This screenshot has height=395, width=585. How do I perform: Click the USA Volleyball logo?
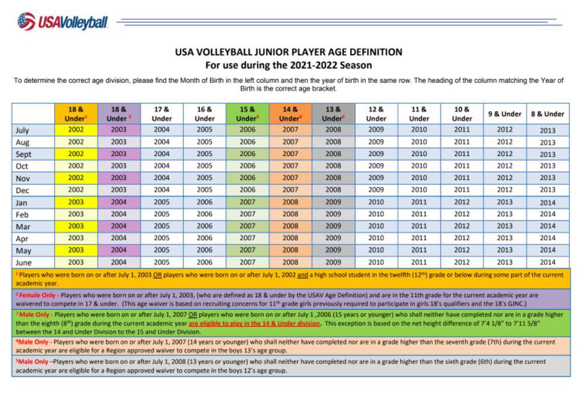pyautogui.click(x=62, y=22)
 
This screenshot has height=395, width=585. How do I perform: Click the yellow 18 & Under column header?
pyautogui.click(x=76, y=113)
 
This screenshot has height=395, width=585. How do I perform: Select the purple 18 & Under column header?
pyautogui.click(x=119, y=113)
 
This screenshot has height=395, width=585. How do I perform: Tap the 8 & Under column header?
pyautogui.click(x=547, y=114)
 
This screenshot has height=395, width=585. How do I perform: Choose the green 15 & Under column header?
pyautogui.click(x=247, y=113)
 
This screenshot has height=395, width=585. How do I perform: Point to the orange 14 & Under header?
pyautogui.click(x=290, y=113)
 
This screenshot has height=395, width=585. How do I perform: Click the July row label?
pyautogui.click(x=22, y=130)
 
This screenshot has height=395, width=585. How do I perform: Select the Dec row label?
pyautogui.click(x=22, y=190)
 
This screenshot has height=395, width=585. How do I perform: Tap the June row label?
pyautogui.click(x=23, y=262)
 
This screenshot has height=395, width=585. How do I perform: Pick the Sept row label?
pyautogui.click(x=23, y=154)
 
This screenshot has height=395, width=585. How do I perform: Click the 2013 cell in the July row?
pyautogui.click(x=547, y=130)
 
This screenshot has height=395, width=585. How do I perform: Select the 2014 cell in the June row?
pyautogui.click(x=547, y=262)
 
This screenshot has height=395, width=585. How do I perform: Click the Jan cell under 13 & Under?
pyautogui.click(x=333, y=202)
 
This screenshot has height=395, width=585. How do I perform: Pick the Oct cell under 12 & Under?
pyautogui.click(x=376, y=166)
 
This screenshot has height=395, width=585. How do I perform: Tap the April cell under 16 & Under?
pyautogui.click(x=205, y=238)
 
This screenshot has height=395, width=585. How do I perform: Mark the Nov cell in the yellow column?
pyautogui.click(x=76, y=178)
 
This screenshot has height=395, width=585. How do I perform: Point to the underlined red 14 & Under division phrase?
pyautogui.click(x=254, y=323)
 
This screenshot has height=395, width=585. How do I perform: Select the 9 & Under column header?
pyautogui.click(x=504, y=114)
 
